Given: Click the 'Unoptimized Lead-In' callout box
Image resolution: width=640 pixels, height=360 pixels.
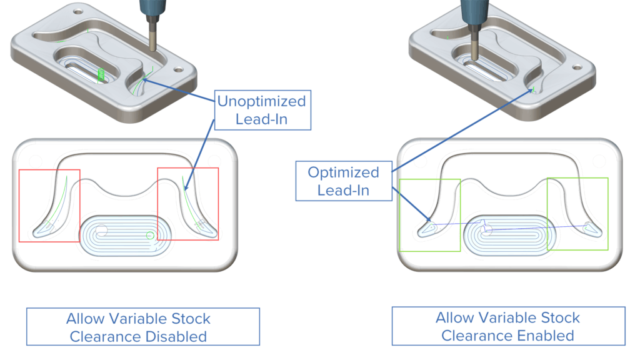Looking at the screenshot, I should (x=262, y=110).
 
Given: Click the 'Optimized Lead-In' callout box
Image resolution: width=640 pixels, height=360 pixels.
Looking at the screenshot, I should (x=343, y=181).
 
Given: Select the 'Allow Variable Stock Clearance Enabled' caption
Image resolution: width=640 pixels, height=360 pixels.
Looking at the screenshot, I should (x=507, y=326).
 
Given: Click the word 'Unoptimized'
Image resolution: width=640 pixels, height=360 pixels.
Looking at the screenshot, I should (x=262, y=101).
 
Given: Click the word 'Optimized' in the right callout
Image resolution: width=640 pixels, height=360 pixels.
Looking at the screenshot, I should (x=343, y=172).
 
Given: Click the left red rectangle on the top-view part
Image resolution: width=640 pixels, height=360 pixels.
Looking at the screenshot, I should (x=49, y=205).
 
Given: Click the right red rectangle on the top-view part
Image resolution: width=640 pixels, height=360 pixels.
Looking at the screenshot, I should (x=187, y=204).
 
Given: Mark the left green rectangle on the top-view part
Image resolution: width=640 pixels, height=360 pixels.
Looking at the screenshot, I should (x=429, y=215).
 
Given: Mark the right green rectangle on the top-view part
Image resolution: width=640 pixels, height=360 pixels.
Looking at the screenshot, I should (x=577, y=213).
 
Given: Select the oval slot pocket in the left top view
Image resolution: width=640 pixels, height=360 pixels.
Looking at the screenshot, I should (x=126, y=236).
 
